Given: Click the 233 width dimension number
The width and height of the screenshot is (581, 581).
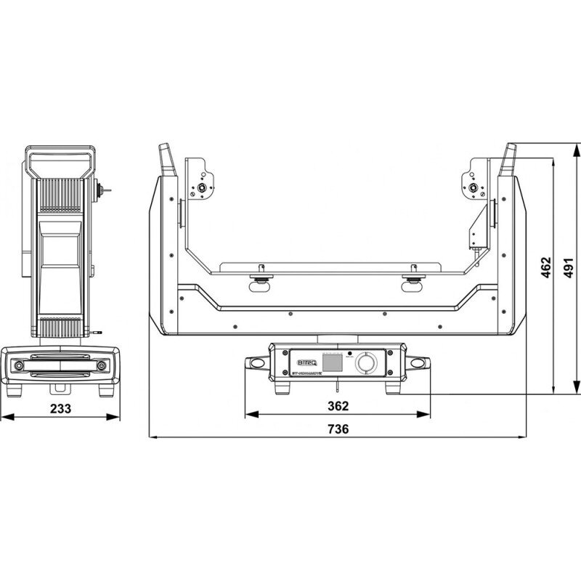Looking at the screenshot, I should coord(61,408).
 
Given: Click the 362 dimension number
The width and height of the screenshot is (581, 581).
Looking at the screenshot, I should coord(338,405).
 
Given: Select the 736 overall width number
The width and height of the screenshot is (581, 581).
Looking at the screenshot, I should coord(338,428).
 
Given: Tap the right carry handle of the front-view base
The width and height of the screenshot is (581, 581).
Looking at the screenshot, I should coord(419,362).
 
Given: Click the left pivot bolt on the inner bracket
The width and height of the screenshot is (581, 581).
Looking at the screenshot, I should coord(199,190).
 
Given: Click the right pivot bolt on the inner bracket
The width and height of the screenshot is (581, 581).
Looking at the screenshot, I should coord(474,190).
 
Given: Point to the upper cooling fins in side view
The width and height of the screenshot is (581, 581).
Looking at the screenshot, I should coord(61,196).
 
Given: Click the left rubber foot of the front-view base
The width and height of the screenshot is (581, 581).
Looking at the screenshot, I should coord(284,386).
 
